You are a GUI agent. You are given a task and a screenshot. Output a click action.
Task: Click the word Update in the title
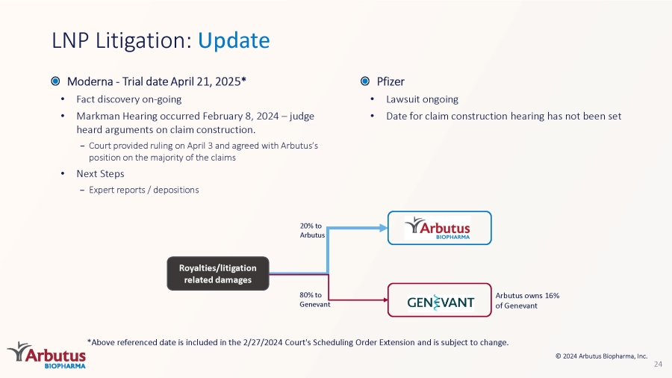(x=234, y=41)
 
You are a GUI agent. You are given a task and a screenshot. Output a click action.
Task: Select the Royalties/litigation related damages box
(x=218, y=273)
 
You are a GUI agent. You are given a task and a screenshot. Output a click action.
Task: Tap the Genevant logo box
(x=439, y=300)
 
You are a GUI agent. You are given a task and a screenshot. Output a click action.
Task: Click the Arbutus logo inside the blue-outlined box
(x=438, y=228)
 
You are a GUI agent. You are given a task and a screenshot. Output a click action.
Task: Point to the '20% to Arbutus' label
(x=312, y=230)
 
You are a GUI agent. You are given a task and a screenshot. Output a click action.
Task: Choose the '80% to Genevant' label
(x=314, y=300)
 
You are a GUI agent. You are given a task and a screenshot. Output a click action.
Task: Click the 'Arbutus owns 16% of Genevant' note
(x=527, y=300)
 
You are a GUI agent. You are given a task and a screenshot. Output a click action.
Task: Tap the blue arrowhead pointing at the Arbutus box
(x=384, y=228)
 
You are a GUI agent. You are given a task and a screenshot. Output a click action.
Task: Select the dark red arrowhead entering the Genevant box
(x=386, y=300)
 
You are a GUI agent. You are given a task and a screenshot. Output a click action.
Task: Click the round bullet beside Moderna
(x=55, y=81)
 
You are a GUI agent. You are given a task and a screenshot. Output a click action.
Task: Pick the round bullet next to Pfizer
(x=365, y=81)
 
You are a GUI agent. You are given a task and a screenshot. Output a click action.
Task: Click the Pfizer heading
(x=391, y=81)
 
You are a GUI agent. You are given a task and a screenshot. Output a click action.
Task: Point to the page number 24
(x=658, y=365)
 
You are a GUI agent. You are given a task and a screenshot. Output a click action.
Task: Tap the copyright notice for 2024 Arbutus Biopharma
(x=601, y=356)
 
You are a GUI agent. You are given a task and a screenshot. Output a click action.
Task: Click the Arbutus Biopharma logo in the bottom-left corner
(x=47, y=355)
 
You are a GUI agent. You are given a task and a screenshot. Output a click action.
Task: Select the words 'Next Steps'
(x=100, y=173)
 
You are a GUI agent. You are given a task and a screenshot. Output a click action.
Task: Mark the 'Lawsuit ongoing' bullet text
(x=422, y=99)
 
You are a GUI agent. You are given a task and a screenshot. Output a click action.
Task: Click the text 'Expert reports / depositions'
(x=144, y=190)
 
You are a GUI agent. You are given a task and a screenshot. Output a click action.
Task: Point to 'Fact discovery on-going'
(x=129, y=99)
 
